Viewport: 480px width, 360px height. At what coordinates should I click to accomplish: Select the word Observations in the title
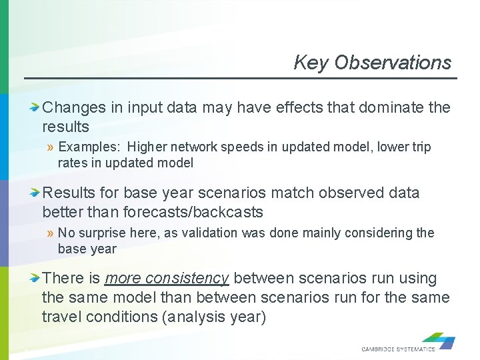393,63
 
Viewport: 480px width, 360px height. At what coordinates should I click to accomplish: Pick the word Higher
149,147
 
